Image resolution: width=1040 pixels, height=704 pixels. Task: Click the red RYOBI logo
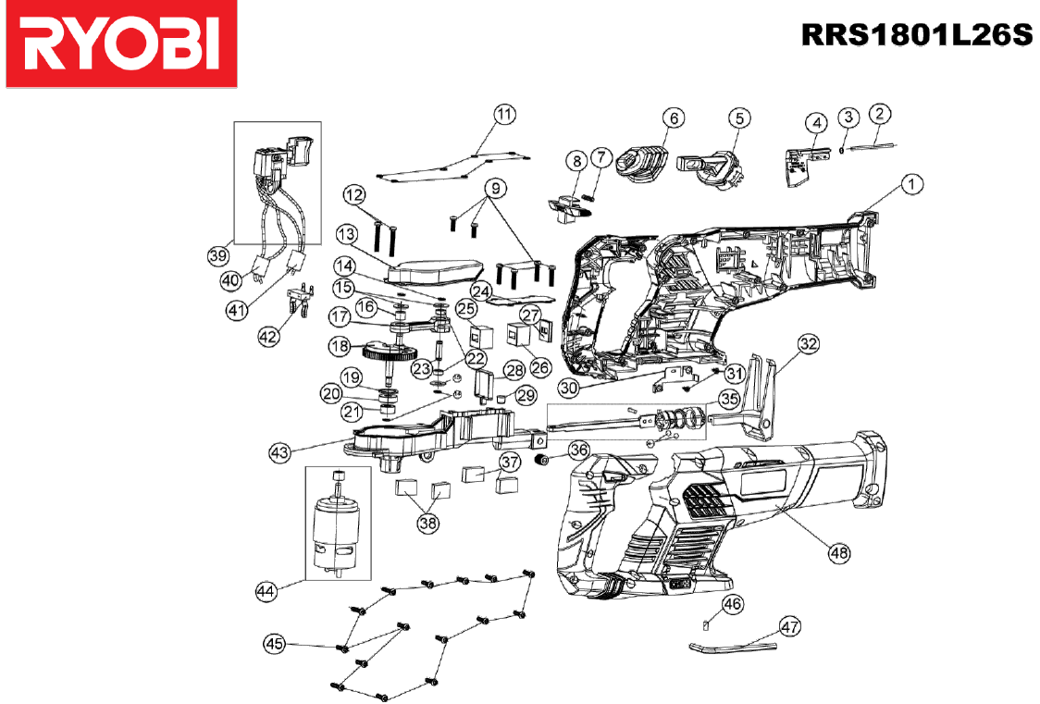(121, 43)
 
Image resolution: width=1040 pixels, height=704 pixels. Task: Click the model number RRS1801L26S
(917, 35)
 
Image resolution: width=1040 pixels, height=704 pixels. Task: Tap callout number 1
(912, 183)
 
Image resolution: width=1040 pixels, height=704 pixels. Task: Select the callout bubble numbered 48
(839, 552)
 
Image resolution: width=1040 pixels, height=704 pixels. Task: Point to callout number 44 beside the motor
(266, 591)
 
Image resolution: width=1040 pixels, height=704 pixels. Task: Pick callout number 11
(505, 114)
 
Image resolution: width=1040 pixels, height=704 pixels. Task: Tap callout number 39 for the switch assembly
(218, 255)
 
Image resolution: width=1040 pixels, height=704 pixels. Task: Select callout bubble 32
(809, 343)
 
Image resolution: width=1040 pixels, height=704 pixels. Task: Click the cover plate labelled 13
(434, 270)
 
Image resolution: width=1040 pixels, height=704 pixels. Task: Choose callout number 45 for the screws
(275, 643)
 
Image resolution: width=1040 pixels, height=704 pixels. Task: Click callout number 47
(789, 626)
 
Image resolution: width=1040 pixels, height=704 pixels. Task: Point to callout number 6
(674, 118)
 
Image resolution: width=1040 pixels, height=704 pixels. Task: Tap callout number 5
(739, 118)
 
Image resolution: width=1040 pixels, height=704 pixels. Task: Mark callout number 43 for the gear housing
(279, 452)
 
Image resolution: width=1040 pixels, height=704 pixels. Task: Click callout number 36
(579, 451)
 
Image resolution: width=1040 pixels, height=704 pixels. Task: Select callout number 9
(495, 189)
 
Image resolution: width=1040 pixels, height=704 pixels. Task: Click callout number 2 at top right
(880, 114)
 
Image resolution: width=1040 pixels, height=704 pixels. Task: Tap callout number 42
(268, 337)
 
